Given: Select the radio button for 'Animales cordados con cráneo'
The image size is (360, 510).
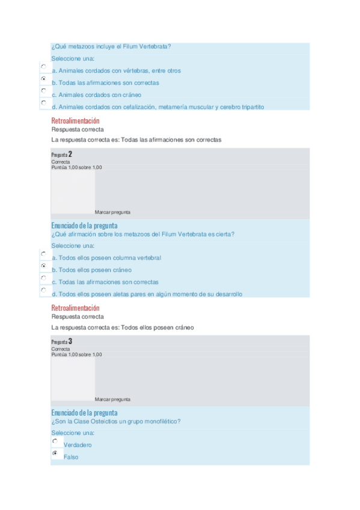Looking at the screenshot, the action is pos(43,90).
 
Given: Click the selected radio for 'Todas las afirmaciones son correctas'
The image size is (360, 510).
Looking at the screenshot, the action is pos(43,78).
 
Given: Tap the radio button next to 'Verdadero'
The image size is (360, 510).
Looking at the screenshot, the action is pos(55,441).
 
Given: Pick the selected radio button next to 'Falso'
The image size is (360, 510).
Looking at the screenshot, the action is pos(55,453).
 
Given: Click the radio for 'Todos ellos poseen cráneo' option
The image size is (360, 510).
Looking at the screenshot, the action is pos(43,265).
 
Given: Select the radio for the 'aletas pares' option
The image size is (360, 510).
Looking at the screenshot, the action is pos(43,289).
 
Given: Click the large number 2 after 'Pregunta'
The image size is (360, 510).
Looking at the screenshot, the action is pos(70,155).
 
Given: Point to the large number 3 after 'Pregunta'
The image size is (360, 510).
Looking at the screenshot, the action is pos(70,342).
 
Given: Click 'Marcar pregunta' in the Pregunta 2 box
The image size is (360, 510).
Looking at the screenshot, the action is pos(112,212).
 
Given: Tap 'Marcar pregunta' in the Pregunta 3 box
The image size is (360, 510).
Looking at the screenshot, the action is pos(112,399).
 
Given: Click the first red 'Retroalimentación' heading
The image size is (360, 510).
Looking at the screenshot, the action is pos(76,121).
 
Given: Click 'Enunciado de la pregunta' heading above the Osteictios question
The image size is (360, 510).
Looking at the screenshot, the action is pos(84,413).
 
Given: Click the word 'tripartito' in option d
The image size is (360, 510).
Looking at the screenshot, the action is pos(251,107).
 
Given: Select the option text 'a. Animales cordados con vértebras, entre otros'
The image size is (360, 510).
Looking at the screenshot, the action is pos(116,71).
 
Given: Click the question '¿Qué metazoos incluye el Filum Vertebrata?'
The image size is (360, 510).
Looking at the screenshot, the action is pos(111,46).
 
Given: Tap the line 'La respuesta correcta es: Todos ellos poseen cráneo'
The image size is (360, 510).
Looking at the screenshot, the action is pos(123,328).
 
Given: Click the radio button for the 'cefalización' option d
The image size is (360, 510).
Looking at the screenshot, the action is pos(43,102).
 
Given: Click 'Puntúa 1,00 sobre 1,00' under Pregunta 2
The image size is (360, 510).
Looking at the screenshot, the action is pos(76,167).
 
